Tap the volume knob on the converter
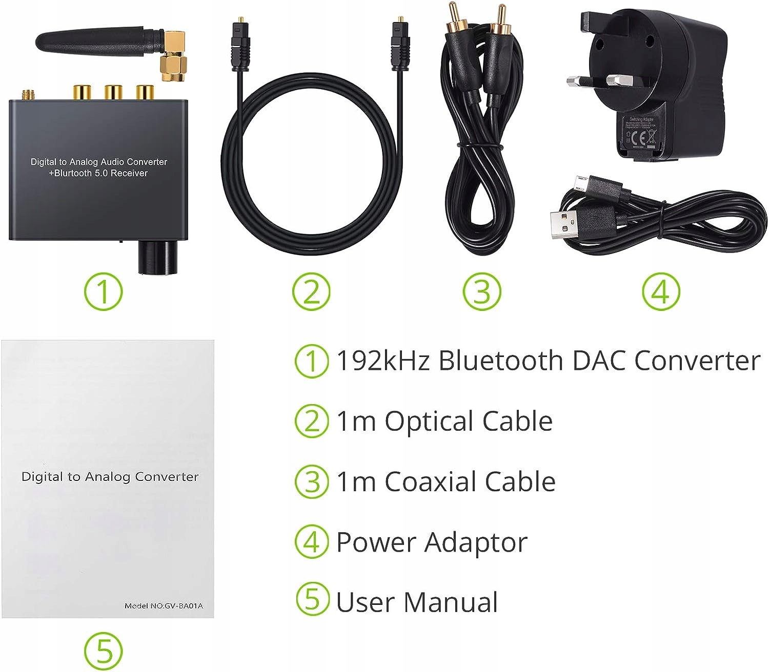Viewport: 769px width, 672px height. (x=156, y=257)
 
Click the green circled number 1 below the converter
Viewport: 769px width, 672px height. (x=104, y=292)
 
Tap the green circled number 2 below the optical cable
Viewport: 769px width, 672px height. (x=311, y=292)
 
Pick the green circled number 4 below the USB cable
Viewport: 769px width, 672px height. (x=661, y=292)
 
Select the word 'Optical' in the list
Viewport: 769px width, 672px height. (x=429, y=422)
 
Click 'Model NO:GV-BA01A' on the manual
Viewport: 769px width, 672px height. (x=164, y=606)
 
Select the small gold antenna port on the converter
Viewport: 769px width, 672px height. (x=26, y=95)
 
